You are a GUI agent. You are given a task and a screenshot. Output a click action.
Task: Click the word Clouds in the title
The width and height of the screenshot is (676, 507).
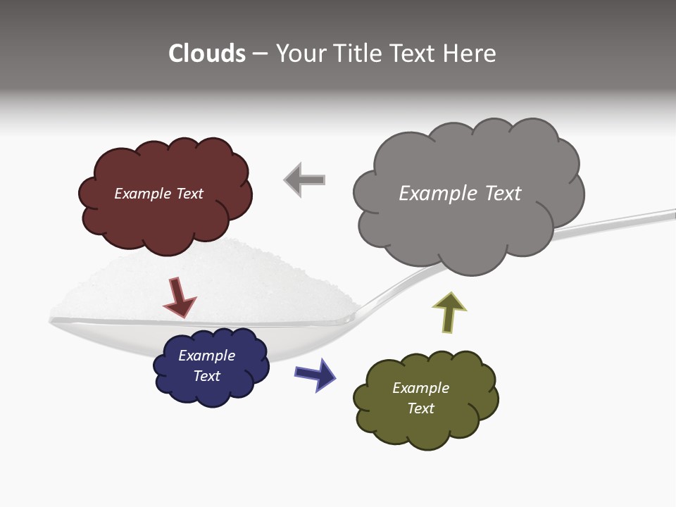coord(207,54)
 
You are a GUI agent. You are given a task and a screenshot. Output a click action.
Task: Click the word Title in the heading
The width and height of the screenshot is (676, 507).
coord(359,54)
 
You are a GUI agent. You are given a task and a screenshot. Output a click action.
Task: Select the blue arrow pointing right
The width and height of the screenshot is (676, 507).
coord(315,374)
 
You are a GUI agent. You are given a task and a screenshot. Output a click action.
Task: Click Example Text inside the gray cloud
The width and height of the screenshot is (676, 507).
coord(460,194)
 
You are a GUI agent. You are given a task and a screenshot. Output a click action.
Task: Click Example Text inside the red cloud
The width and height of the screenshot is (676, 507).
coord(158,194)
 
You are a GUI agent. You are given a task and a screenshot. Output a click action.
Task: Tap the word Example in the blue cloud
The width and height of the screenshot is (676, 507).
coord(206,356)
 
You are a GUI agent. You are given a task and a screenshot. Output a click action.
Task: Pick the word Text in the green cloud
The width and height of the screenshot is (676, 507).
coord(420,408)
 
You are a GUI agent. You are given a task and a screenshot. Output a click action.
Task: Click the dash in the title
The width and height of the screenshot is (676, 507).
coord(260,54)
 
